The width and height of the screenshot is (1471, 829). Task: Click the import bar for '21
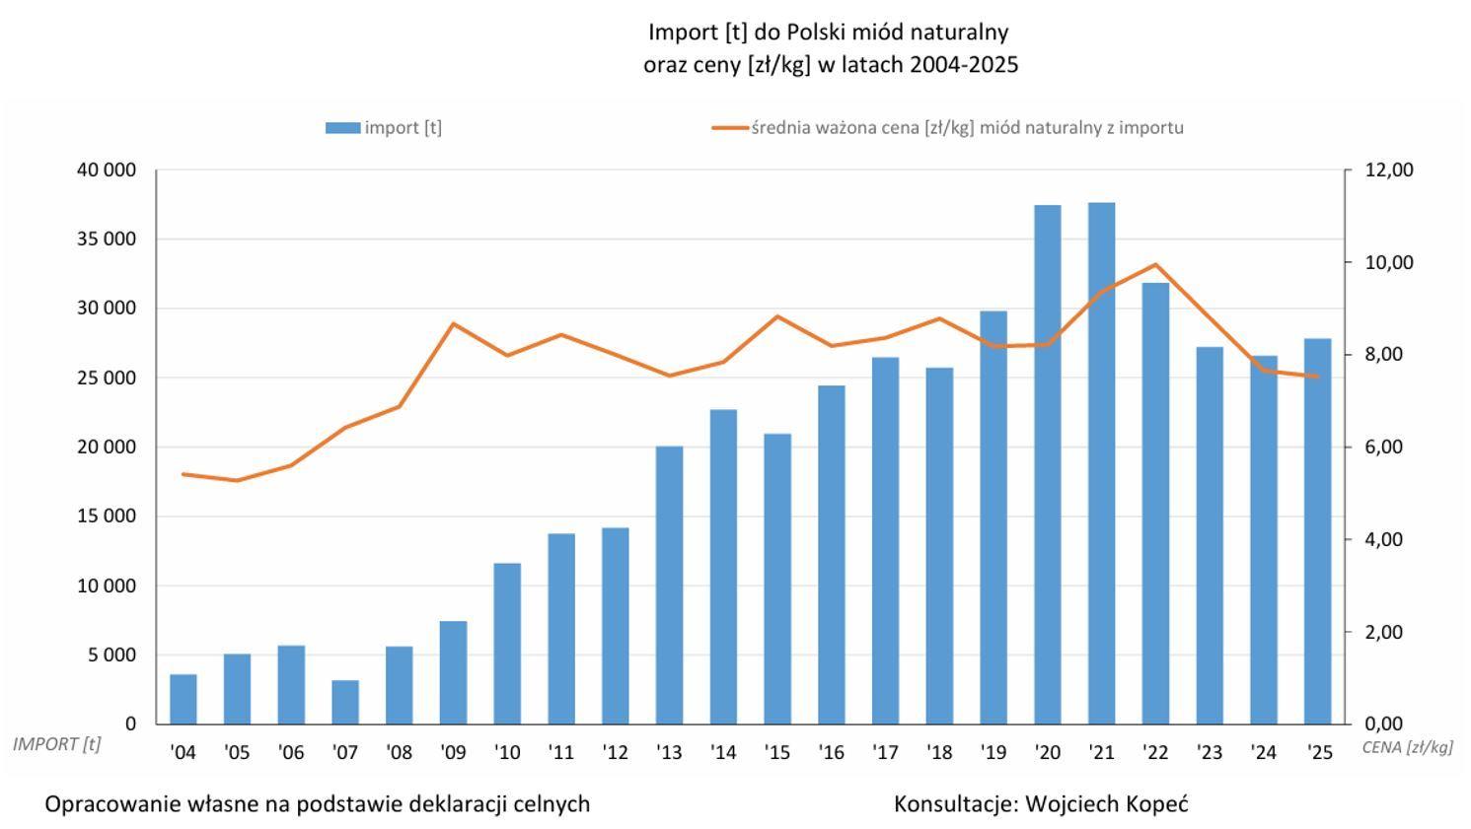(x=1101, y=463)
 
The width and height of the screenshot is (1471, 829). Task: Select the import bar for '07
(x=345, y=702)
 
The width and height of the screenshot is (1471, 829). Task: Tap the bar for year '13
(x=669, y=585)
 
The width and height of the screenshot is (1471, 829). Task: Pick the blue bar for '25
(x=1317, y=531)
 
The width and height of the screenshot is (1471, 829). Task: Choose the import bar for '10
(x=507, y=644)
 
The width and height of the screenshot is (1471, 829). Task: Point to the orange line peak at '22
(x=1155, y=264)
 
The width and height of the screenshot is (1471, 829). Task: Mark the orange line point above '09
(x=453, y=323)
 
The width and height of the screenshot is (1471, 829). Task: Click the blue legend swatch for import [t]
(x=342, y=127)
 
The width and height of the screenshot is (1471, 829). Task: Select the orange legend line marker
(x=729, y=127)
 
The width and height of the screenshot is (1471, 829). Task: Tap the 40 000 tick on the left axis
(x=106, y=170)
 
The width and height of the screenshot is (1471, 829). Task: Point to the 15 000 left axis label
(x=106, y=516)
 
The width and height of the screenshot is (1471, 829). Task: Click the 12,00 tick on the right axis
(x=1389, y=170)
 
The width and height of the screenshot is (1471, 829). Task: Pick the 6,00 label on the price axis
(x=1384, y=447)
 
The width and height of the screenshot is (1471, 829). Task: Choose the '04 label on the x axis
(x=183, y=753)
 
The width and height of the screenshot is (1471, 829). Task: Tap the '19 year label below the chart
(x=993, y=753)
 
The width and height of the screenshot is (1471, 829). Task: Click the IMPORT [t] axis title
(x=56, y=744)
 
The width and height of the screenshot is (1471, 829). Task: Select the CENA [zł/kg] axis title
(x=1407, y=747)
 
